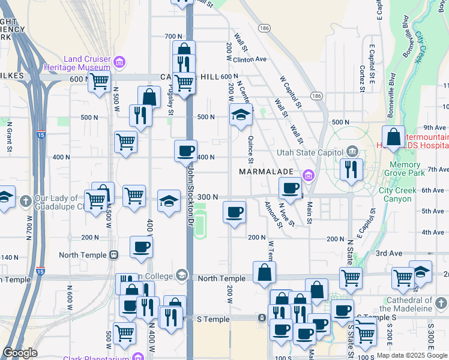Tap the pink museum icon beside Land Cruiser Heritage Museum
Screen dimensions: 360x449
(119, 61)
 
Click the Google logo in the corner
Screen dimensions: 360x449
(20, 352)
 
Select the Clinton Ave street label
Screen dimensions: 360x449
(250, 59)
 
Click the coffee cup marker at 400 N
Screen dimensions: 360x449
(186, 151)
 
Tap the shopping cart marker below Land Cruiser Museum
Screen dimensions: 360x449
(99, 81)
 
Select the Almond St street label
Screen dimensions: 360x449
(274, 215)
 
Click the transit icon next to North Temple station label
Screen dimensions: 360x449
(113, 255)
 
